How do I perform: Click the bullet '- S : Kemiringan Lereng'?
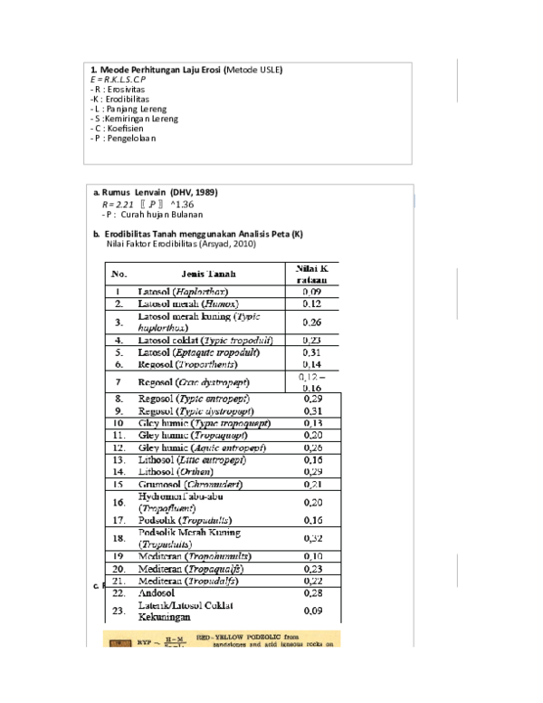[x=135, y=119]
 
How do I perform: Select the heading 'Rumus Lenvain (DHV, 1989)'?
[x=159, y=192]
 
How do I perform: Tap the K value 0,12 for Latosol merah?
[x=311, y=304]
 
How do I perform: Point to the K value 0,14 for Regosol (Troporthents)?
[x=311, y=363]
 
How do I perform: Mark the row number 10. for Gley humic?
[x=119, y=422]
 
